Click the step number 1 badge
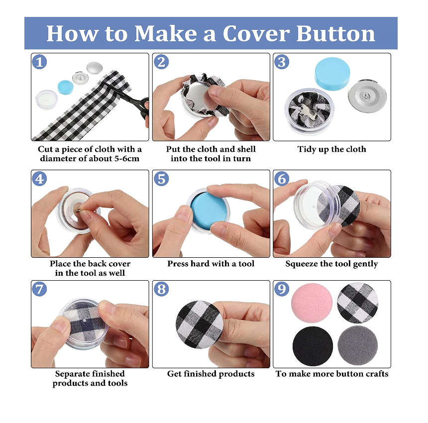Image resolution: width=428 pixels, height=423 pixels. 39,62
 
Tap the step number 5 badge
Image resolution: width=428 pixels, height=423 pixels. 161,179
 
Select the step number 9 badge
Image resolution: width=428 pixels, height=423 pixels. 282,289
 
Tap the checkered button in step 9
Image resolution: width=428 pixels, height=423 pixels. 357,303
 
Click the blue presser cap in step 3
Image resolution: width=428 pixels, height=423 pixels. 332,73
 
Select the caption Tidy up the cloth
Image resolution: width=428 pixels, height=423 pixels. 331,149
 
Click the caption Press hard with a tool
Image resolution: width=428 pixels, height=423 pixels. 211,264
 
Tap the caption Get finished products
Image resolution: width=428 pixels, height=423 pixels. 211,374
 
